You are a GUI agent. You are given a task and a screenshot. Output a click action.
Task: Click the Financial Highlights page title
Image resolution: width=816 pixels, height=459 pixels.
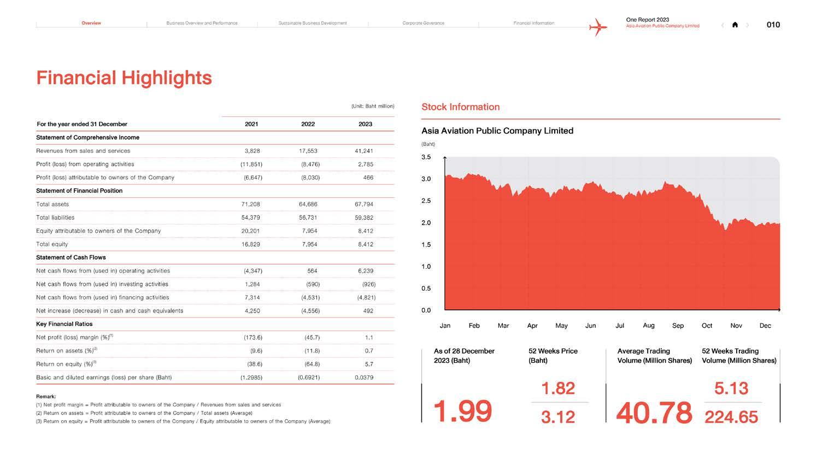[124, 78]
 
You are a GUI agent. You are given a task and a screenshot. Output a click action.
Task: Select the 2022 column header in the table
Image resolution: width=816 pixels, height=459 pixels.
[308, 124]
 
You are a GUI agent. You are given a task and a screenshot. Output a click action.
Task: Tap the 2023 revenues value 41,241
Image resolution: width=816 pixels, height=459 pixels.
[363, 151]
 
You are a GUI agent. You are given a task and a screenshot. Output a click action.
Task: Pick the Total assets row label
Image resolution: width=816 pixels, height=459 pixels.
[52, 204]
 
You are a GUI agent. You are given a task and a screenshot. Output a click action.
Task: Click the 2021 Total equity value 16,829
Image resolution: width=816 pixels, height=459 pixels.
[250, 244]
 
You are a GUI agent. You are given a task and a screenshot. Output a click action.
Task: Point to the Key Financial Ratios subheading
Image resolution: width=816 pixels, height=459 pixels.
[64, 324]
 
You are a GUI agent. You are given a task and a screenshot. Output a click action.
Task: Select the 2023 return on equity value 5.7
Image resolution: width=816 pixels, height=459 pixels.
[369, 364]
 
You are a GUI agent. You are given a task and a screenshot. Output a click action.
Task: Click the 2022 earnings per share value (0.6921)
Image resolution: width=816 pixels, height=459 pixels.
[309, 378]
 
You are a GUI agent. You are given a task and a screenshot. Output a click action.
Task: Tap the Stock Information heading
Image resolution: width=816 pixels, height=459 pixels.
[460, 107]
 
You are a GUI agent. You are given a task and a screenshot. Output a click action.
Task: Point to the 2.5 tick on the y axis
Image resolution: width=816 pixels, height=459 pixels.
[426, 201]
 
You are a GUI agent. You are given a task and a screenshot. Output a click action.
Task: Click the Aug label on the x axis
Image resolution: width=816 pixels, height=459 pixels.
[649, 326]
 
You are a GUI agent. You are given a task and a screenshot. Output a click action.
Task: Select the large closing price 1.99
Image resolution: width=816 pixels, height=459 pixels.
[462, 411]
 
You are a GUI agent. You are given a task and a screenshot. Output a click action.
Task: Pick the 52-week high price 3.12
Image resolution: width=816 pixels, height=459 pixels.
[558, 417]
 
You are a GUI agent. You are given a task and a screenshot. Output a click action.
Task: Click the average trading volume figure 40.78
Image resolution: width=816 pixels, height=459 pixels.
[654, 413]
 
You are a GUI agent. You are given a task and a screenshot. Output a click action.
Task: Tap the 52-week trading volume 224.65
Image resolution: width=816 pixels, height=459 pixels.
[731, 417]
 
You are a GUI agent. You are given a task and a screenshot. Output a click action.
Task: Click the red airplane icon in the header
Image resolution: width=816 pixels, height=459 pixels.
[598, 26]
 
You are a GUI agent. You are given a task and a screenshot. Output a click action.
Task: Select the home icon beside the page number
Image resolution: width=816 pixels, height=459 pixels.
[735, 25]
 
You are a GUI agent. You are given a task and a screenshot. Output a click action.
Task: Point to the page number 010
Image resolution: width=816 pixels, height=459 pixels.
[773, 25]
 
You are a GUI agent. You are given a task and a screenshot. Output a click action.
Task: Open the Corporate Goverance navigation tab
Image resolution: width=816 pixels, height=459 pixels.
[423, 23]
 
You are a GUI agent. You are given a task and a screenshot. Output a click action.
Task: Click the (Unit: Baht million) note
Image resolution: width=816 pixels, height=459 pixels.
[372, 106]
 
